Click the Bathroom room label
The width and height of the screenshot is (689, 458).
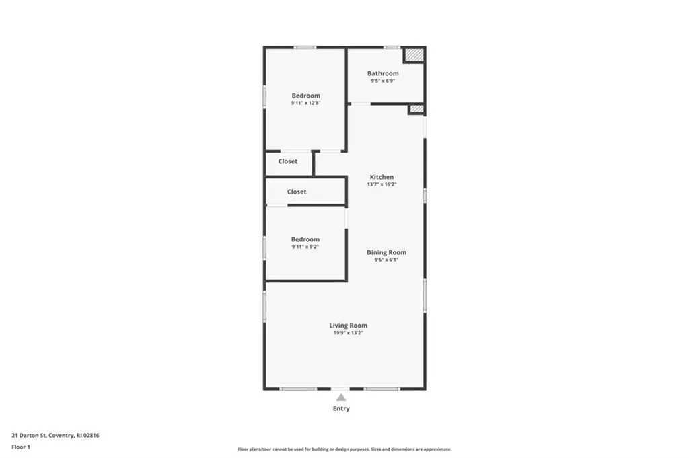click(383, 73)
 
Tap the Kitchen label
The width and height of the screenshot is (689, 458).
click(382, 177)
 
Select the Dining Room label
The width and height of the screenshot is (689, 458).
click(386, 252)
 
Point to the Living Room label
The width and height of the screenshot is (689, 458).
click(348, 326)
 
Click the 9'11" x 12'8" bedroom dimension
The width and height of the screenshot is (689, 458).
click(305, 104)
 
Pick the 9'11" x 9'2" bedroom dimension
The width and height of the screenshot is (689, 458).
click(305, 247)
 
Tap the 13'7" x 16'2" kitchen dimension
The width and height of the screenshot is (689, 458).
click(382, 184)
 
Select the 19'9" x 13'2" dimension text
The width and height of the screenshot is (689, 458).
click(348, 333)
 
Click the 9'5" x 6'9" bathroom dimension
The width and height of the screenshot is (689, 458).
click(383, 81)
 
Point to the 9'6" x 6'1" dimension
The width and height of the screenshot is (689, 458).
click(386, 260)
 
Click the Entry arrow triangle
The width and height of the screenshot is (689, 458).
click(341, 397)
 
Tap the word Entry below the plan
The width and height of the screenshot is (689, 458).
click(341, 408)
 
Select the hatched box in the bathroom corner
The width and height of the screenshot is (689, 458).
click(414, 54)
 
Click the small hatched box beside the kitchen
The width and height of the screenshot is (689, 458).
click(416, 108)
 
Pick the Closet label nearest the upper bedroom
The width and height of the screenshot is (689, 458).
click(288, 161)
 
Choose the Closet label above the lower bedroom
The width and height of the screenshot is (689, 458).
click(297, 192)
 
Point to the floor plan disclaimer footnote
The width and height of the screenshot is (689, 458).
click(344, 449)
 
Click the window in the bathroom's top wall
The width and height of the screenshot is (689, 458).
click(392, 47)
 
